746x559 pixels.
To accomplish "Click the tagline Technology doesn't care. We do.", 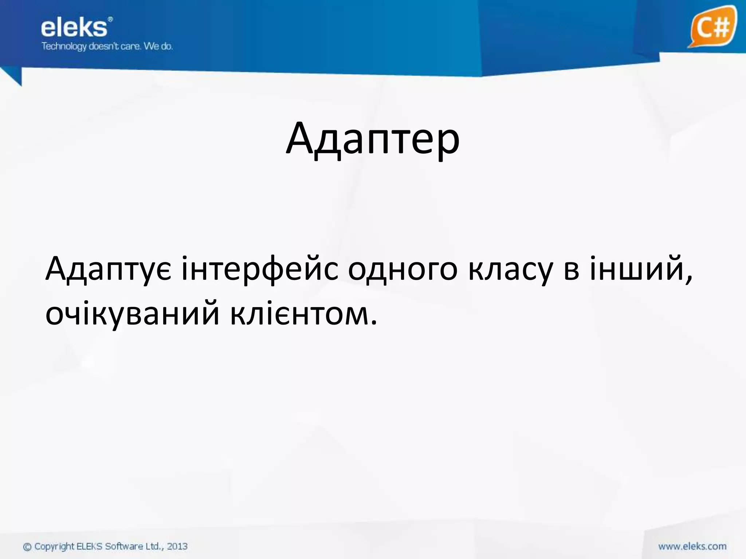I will click(107, 47).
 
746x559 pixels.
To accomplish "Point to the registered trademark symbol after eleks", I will click(110, 19).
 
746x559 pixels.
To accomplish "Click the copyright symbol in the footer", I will click(27, 547).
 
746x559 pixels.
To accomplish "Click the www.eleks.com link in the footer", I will click(692, 546).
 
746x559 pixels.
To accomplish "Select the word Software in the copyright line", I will click(124, 546).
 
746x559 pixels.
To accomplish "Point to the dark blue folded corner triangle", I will click(14, 77).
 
